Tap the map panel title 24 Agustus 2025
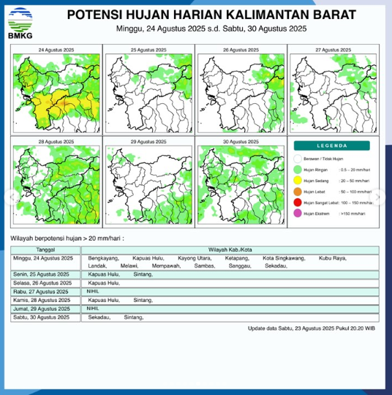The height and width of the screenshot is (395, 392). [56, 49]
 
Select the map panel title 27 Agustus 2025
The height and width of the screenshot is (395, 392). [333, 49]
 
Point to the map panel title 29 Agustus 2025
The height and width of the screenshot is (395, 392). [148, 140]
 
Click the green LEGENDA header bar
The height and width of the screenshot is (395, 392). [333, 145]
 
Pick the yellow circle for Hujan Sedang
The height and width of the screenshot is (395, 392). [298, 179]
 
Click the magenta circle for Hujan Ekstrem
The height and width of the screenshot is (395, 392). [298, 213]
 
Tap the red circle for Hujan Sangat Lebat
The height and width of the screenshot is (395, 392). [298, 202]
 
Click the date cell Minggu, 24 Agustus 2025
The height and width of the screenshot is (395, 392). [43, 259]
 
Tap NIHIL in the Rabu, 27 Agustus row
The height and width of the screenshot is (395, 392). [93, 291]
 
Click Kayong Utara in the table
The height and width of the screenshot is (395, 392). [194, 259]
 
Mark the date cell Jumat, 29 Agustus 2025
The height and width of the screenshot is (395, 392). [42, 309]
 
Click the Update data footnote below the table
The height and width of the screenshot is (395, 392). [312, 328]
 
